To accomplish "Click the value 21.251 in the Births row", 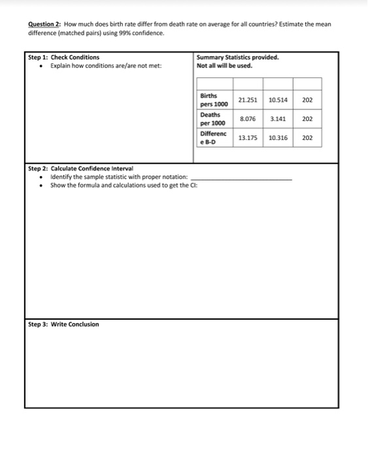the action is coord(248,100).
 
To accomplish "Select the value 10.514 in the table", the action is coord(278,100).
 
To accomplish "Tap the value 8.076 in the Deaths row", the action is coord(248,119).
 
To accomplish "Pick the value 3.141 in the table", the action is coord(278,119).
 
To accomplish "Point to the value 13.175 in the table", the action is coord(248,138).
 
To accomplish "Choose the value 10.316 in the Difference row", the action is coord(278,138).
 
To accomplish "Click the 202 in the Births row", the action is coord(308,100).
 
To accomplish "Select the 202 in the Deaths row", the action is coord(308,119).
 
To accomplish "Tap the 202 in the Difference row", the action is coord(308,138).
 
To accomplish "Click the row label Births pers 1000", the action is coord(212,100).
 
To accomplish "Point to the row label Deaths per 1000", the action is coord(212,119).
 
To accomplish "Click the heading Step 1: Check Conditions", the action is coord(64,58).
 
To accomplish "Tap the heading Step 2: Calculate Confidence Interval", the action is coord(80,169).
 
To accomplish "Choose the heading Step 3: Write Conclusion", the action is coord(64,325).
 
